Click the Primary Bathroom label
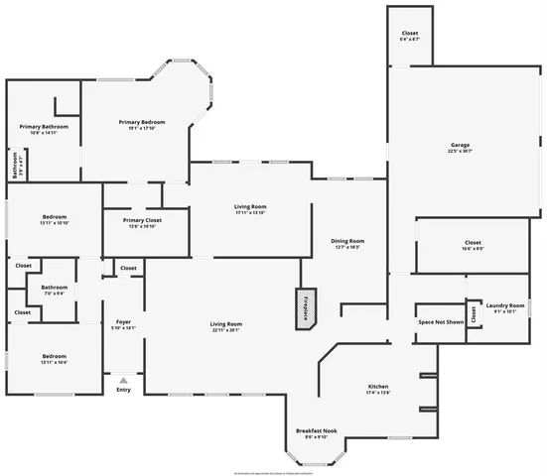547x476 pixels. pos(44,127)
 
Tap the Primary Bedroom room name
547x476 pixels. pos(142,122)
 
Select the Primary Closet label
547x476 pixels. pos(142,220)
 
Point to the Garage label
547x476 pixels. pos(460,145)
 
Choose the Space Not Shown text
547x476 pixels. pos(440,322)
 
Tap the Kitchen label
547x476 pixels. pos(377,386)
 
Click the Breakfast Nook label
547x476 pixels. pos(315,430)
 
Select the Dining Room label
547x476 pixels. pos(347,241)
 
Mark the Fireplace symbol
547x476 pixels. pos(299,305)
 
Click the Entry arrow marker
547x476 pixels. pos(123,380)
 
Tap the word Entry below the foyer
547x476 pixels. pos(123,390)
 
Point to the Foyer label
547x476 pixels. pos(123,321)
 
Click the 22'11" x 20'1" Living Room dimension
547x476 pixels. pos(225,330)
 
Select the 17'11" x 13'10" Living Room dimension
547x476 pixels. pos(250,212)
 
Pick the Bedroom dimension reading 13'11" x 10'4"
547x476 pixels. pos(54,362)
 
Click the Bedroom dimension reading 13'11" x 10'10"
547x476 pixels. pos(54,223)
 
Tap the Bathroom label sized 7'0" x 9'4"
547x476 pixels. pos(54,294)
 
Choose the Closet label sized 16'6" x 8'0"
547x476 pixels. pos(473,249)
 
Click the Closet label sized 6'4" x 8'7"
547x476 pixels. pos(410,39)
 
